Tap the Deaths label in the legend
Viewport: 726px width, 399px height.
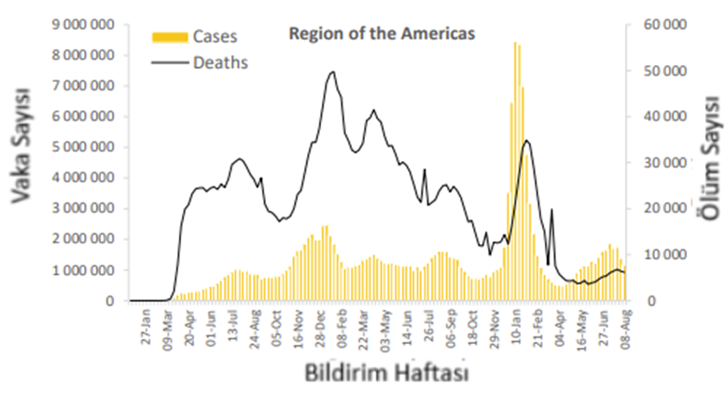[x=220, y=63]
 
